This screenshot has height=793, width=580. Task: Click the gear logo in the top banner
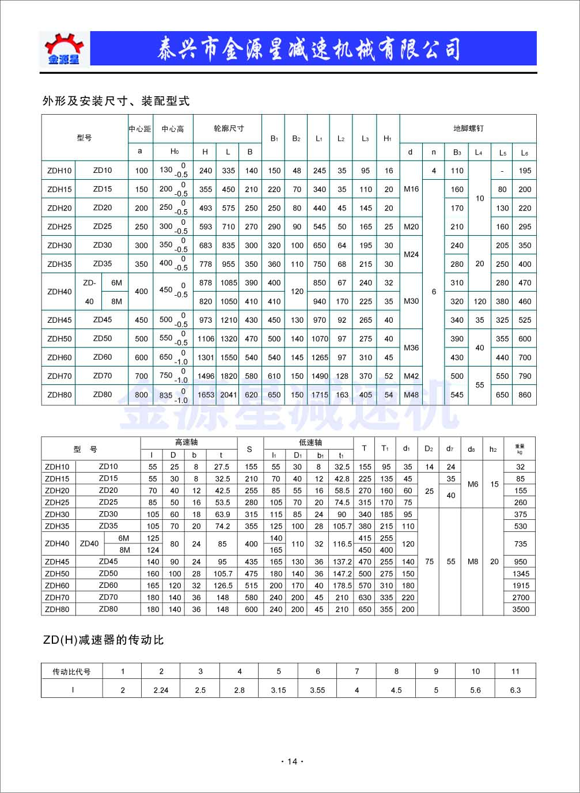64,48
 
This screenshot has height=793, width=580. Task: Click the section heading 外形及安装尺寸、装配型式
116,101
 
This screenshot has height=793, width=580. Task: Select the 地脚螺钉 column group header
468,129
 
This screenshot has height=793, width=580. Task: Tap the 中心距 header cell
140,129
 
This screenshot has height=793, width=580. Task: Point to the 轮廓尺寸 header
228,129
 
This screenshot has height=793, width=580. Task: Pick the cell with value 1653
206,395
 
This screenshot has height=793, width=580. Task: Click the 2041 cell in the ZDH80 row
229,395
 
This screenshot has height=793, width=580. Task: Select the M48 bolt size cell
411,395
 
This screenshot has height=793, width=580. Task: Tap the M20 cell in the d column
411,226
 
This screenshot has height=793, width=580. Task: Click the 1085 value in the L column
229,283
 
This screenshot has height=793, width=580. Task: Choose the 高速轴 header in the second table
186,443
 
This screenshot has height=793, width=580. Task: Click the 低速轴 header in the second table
310,443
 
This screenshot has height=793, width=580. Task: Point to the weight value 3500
520,609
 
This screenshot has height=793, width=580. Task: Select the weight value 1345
520,573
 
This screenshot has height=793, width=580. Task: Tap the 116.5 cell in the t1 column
342,543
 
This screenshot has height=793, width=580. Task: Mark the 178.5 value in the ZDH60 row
342,586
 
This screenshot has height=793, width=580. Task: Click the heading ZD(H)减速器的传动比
104,640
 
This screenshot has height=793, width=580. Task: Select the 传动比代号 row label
71,671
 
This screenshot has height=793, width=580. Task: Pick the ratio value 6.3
515,690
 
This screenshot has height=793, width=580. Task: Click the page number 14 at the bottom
292,761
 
